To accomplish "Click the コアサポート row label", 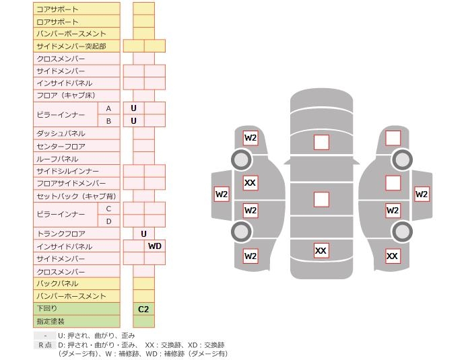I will point(76,9).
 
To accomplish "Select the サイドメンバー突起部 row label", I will point(76,46).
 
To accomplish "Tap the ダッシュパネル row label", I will point(76,134).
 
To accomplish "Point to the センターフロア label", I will point(76,146).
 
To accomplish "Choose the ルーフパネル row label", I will point(76,159).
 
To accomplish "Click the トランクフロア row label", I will point(76,233).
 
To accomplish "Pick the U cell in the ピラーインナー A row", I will point(133,108).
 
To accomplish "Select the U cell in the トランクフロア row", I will point(143,233).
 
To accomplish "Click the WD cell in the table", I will point(154,246).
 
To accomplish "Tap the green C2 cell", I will point(143,309).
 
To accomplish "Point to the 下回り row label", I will point(76,308).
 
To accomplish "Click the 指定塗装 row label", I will point(76,322).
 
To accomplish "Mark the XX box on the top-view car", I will point(321,251).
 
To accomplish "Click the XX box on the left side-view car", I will point(251,183).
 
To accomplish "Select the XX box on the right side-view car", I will point(393,256).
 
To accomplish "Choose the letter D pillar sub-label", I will point(108,221).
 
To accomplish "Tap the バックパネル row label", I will point(76,284).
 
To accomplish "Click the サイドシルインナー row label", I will point(76,172).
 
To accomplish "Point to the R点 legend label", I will point(44,345).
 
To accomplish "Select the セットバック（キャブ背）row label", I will point(76,196).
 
